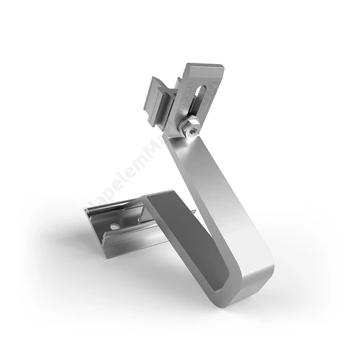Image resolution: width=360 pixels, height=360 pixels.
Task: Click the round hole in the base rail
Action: tap(114, 226)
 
